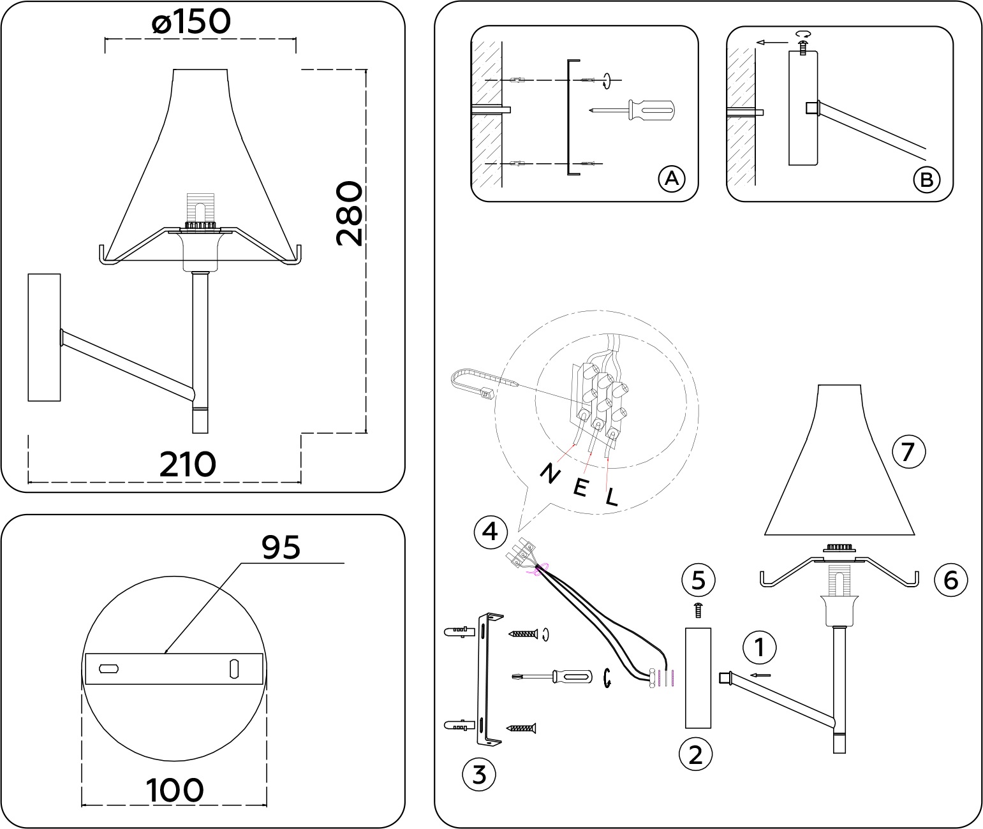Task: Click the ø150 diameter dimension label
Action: (x=191, y=23)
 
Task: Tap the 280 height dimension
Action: (x=350, y=214)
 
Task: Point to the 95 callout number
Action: (x=281, y=547)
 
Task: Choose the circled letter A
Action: (x=671, y=179)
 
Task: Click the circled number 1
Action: (x=759, y=648)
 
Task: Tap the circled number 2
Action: (x=695, y=754)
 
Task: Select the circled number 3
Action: (x=478, y=774)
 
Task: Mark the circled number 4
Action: (x=490, y=531)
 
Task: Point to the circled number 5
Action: (x=698, y=580)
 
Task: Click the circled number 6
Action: (x=950, y=580)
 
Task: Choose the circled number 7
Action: (x=908, y=452)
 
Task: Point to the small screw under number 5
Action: (x=698, y=610)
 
